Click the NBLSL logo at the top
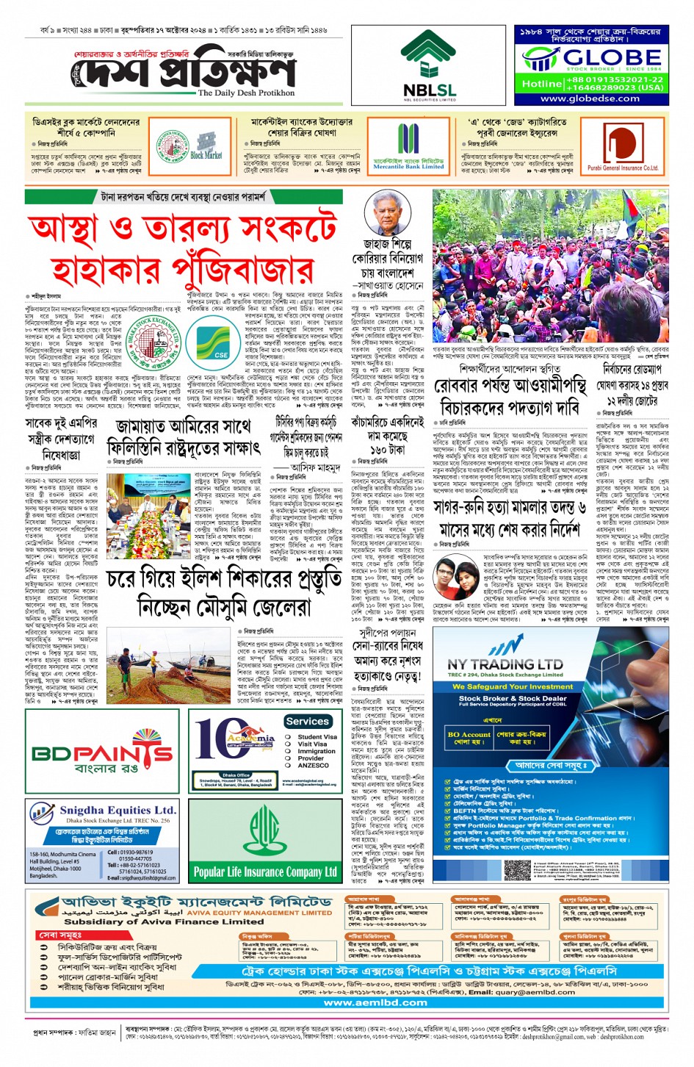(429, 66)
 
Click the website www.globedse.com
(590, 98)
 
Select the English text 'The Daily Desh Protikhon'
(246, 93)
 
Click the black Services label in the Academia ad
(308, 722)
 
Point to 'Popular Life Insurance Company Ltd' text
(264, 872)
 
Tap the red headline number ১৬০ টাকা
(387, 448)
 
